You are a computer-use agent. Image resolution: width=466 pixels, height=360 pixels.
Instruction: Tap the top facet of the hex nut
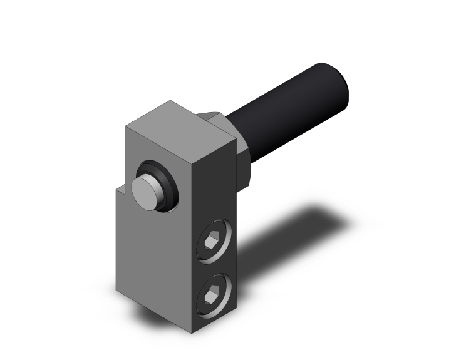pos(217,115)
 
